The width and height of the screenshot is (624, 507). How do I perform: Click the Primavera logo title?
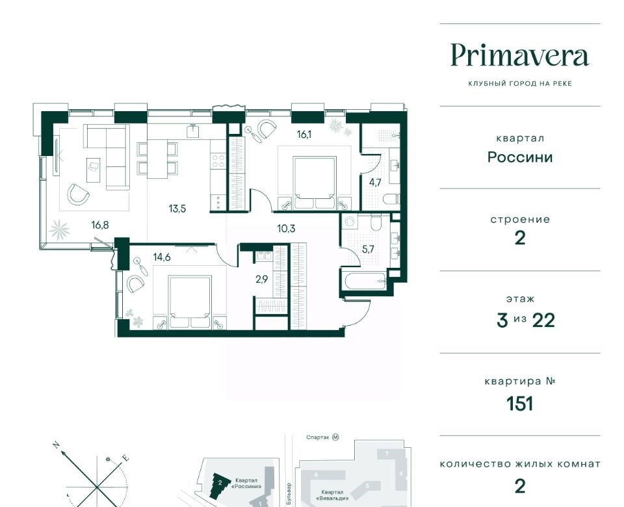click(520, 56)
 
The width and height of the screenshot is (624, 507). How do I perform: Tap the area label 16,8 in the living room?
click(100, 226)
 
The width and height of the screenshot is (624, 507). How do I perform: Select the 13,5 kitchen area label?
click(177, 209)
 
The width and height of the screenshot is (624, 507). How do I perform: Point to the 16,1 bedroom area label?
click(304, 135)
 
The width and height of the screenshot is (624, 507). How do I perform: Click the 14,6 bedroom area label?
click(162, 257)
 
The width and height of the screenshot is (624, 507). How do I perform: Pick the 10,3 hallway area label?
click(287, 229)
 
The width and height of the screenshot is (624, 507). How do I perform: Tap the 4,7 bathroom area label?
click(375, 183)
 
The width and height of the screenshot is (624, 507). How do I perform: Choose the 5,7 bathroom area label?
click(368, 250)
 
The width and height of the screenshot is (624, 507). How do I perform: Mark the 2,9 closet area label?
click(262, 279)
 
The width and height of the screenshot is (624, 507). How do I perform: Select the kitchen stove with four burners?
click(218, 162)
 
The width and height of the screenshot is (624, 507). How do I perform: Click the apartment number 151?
click(520, 404)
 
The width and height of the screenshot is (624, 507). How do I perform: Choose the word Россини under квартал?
click(520, 157)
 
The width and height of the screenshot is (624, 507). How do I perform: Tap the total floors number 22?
click(544, 320)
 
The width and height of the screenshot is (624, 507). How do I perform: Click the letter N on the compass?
click(57, 444)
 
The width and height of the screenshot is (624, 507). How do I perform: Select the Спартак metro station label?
click(318, 437)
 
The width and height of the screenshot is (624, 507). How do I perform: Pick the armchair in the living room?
click(78, 194)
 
